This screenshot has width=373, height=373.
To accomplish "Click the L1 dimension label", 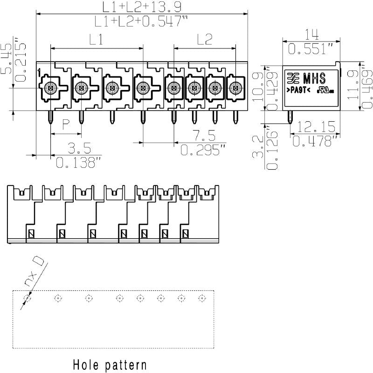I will (x=96, y=40).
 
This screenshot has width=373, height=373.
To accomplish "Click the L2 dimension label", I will (x=205, y=40).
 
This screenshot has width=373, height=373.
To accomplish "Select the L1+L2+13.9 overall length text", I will (x=142, y=7).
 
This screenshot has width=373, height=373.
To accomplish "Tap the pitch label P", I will (x=66, y=124).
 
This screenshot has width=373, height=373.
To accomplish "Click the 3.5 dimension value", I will (x=78, y=148).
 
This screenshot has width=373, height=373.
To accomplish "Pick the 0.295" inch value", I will (x=203, y=150).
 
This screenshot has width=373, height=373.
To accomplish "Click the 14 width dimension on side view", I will (x=310, y=34).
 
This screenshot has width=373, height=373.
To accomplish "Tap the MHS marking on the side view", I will (x=314, y=77).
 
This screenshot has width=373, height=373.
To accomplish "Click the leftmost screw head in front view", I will (x=50, y=87).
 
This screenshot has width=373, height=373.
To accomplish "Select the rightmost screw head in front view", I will (x=236, y=87).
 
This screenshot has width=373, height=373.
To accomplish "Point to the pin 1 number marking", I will (x=40, y=72).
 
